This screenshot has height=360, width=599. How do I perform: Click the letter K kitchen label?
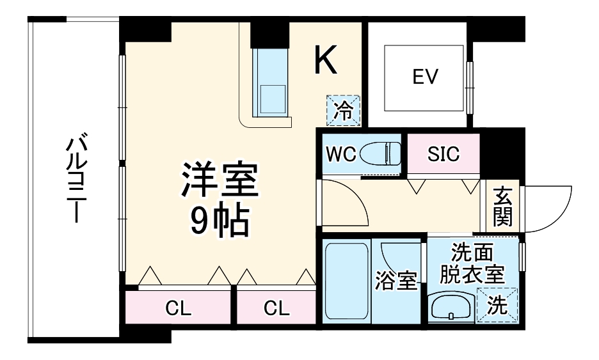click(326, 60)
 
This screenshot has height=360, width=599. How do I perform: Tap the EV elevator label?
click(425, 77)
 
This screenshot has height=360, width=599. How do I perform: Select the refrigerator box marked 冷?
click(344, 111)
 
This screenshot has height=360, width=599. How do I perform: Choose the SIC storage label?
click(443, 155)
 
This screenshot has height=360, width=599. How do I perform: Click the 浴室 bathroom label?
click(396, 281)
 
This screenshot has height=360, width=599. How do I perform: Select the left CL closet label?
click(179, 309)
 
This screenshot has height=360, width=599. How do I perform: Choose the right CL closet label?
click(276, 309)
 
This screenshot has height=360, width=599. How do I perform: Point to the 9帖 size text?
click(219, 221)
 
